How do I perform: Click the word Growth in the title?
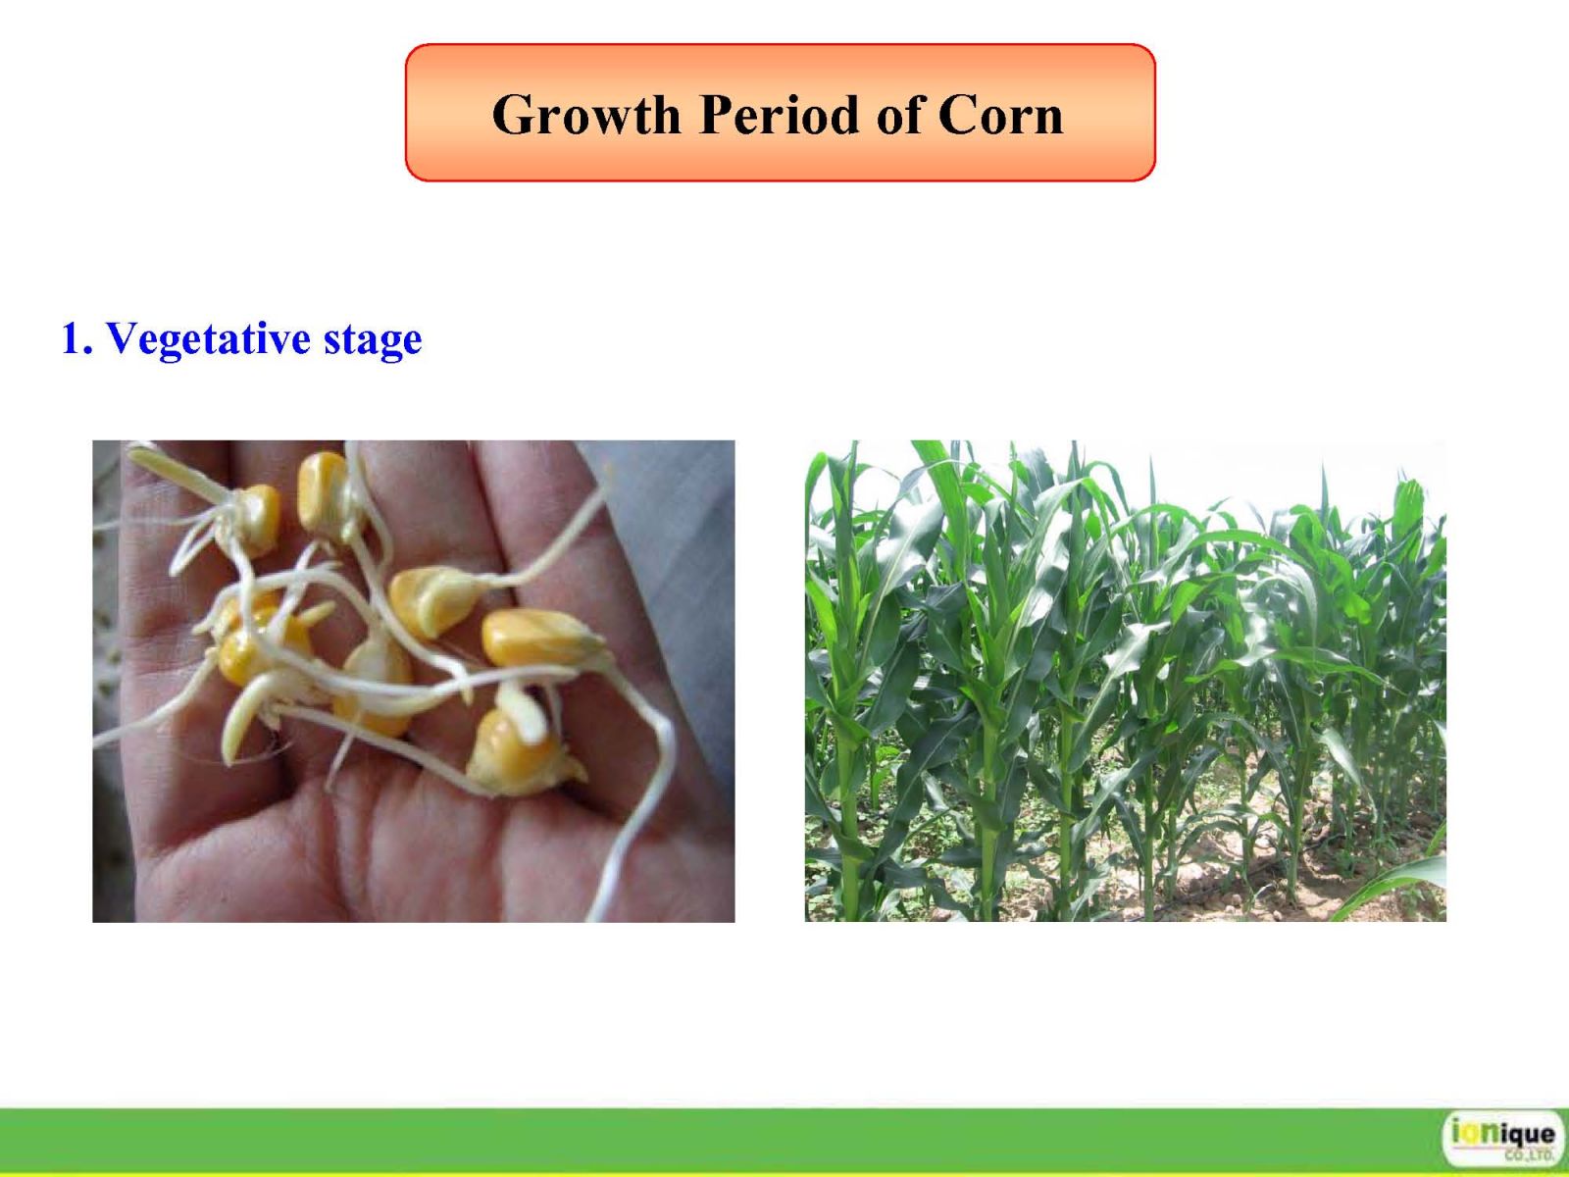tap(586, 115)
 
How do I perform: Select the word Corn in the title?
tap(1001, 115)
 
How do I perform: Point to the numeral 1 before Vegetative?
tap(73, 337)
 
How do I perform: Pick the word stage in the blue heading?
tap(372, 341)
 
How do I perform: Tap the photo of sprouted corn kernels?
tap(413, 681)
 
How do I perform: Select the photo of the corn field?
tap(1125, 681)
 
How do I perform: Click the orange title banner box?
tap(780, 112)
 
